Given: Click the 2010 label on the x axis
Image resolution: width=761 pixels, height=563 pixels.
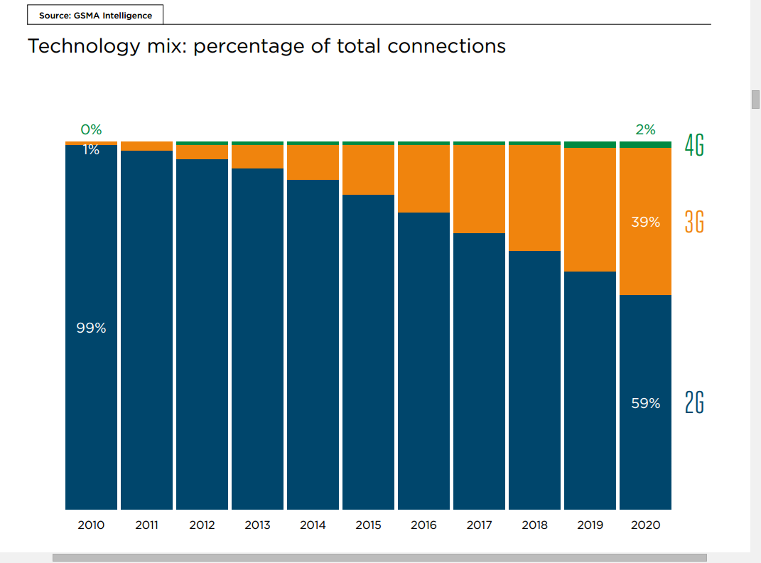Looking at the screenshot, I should pos(91,525).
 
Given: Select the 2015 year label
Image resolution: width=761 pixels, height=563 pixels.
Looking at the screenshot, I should pos(368,525).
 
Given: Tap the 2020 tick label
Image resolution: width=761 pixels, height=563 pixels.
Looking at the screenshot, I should pos(645,525).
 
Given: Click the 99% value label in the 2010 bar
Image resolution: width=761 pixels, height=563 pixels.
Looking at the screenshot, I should pos(91,328).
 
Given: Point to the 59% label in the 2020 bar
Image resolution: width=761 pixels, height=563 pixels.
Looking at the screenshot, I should pos(645,403).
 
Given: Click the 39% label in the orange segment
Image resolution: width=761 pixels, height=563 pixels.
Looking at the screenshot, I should pos(645,222).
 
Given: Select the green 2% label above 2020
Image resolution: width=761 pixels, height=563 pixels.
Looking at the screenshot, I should pos(645,129).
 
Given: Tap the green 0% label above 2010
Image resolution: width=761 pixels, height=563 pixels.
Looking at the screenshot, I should pos(91,129).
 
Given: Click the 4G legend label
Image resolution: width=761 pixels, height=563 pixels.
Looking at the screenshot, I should pos(694,145).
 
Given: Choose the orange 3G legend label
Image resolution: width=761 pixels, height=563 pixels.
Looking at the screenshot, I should pos(694,222).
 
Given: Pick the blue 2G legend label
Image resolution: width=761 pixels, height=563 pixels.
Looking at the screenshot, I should pos(694,403).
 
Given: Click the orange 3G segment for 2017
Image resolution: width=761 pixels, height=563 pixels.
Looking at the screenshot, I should pos(479,188).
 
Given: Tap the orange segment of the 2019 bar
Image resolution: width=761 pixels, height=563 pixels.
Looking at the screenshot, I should pos(590,209).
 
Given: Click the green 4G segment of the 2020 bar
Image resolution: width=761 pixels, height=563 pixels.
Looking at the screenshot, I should pos(645,144).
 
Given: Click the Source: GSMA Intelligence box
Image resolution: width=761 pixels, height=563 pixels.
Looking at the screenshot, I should pos(95,15).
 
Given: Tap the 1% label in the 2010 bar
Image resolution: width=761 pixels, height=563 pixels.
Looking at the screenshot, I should pos(91,150).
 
